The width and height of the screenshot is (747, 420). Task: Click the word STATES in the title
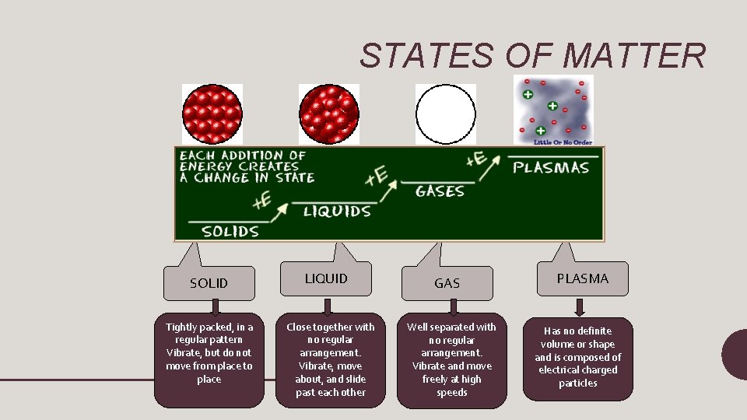point(426,56)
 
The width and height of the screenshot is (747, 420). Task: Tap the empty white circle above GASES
point(445,114)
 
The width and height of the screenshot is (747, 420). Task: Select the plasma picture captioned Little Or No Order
point(553,110)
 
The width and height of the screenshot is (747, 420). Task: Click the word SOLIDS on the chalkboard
point(230,231)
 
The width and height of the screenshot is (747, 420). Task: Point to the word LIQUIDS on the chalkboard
point(337,212)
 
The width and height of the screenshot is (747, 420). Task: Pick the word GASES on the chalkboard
point(440,191)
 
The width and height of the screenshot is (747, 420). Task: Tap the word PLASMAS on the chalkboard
point(551,167)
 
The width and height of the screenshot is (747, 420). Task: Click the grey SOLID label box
point(209,283)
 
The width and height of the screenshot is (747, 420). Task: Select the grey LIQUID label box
point(326,278)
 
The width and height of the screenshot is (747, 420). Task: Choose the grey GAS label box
point(447,283)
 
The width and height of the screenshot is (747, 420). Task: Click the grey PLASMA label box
point(582,278)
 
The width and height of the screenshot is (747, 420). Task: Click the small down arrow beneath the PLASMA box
point(582,306)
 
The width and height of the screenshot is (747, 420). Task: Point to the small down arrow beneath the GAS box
point(447,307)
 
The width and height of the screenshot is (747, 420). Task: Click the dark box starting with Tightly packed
point(209,361)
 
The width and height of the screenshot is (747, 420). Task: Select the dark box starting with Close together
point(331,361)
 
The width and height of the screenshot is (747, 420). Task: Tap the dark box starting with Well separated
point(452,361)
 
